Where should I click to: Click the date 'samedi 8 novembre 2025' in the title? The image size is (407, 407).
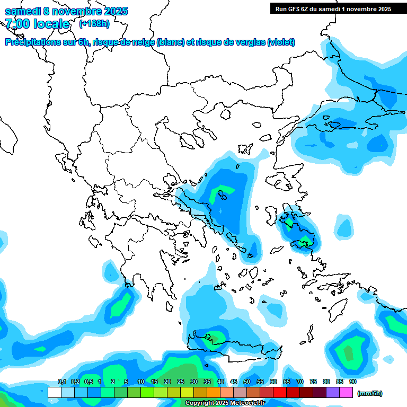click(x=66, y=11)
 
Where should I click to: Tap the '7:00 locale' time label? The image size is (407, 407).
click(x=37, y=24)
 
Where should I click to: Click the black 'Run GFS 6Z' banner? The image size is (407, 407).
click(x=333, y=8)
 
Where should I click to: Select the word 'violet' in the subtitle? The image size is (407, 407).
click(x=280, y=42)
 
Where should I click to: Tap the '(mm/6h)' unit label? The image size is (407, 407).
click(x=370, y=393)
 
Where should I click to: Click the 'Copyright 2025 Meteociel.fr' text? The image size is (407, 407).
click(x=225, y=403)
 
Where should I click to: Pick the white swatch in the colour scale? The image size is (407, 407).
click(x=54, y=393)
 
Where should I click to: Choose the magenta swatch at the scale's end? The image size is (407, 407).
click(x=346, y=393)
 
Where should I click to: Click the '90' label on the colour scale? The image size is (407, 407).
click(x=353, y=382)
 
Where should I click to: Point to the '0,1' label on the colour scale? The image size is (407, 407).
click(x=61, y=382)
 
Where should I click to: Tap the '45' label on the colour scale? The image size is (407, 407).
click(x=234, y=382)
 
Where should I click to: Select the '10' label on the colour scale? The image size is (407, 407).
click(x=141, y=382)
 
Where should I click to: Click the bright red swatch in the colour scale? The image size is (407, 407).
click(x=280, y=393)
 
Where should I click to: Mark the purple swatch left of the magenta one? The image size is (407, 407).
click(x=333, y=393)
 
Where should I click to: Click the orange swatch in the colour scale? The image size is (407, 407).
click(x=214, y=393)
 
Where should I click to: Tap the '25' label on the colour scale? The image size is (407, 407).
click(x=181, y=382)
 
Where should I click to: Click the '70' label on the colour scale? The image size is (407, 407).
click(x=300, y=382)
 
